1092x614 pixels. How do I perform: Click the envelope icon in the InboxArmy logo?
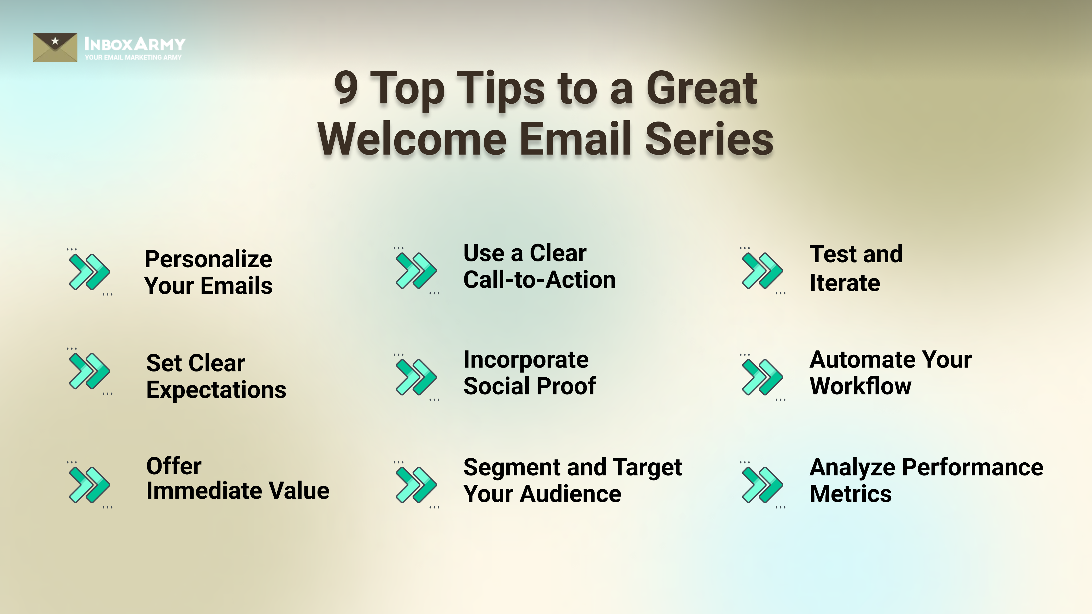[55, 47]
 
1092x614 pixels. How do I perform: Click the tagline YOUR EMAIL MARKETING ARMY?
[133, 57]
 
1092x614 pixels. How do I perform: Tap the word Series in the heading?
[709, 139]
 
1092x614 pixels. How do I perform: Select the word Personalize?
[208, 259]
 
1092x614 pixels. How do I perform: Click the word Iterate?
[844, 283]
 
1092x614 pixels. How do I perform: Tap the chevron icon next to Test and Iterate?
[762, 270]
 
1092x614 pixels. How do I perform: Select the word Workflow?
[860, 386]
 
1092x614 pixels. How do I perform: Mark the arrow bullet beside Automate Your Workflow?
[762, 377]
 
